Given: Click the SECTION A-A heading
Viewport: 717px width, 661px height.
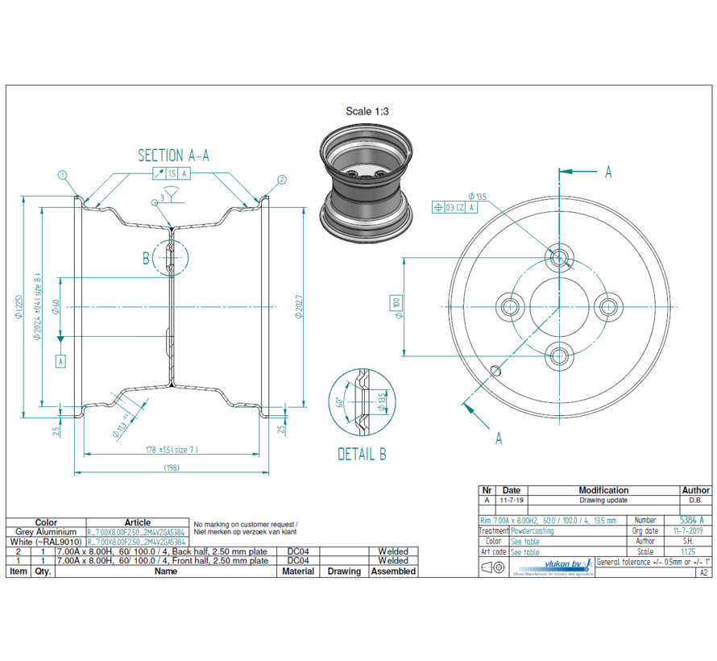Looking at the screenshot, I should click(x=173, y=156).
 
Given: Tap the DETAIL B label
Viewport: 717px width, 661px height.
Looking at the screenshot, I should click(x=362, y=455).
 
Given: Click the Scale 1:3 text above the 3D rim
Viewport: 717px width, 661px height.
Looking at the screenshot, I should click(x=367, y=111).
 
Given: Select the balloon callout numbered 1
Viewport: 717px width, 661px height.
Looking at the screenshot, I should click(x=62, y=174).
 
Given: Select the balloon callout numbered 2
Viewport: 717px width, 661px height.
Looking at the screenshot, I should click(x=282, y=179).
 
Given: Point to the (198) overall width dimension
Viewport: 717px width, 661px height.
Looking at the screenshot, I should click(x=172, y=468).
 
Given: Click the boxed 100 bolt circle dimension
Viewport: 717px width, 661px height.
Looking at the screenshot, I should click(x=396, y=305).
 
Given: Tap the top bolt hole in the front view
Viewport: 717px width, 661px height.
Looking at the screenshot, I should click(x=559, y=257).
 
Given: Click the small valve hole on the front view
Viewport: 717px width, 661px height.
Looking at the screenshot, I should click(x=496, y=370).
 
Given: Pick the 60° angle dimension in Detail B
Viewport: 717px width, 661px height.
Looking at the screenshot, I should click(x=340, y=403).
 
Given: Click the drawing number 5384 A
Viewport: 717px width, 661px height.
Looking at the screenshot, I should click(x=691, y=521).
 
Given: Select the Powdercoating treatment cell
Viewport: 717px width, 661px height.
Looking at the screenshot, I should click(x=533, y=531).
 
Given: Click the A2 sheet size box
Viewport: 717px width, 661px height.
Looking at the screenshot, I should click(x=703, y=572).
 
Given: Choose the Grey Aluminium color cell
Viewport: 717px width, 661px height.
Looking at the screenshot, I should click(x=46, y=532).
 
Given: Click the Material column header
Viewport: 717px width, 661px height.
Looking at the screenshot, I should click(x=298, y=571).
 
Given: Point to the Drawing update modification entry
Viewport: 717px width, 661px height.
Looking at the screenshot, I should click(x=603, y=501).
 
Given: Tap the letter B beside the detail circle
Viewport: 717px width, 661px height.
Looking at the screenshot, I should click(x=147, y=258).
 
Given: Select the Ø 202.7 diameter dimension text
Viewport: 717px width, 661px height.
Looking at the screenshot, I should click(x=297, y=306).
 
